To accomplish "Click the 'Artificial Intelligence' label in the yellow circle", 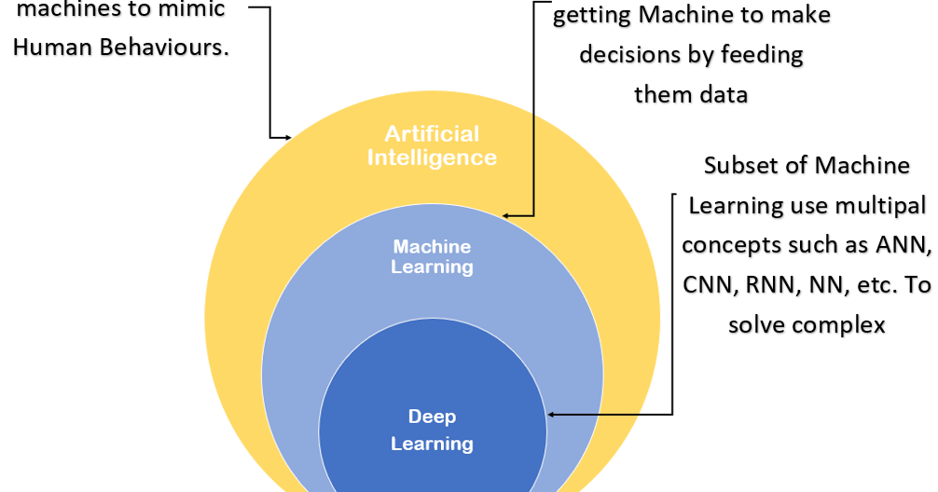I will tap(431, 145).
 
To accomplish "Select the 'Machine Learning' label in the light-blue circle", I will tap(432, 256).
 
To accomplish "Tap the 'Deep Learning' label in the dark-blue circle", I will tap(432, 430).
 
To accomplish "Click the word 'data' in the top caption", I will tap(724, 94).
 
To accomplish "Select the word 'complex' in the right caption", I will tap(838, 325).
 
